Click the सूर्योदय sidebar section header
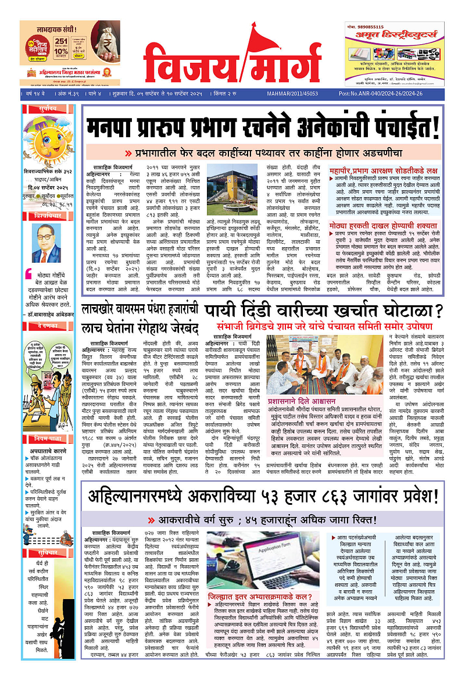click(x=48, y=109)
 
